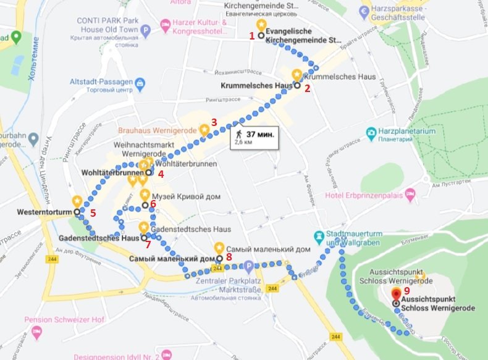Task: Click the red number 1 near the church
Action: [x=252, y=36]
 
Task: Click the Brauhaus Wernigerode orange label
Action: [x=157, y=132]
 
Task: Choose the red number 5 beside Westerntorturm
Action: [x=93, y=213]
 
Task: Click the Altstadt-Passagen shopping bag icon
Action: [x=141, y=82]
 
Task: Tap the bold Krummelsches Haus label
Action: [x=256, y=86]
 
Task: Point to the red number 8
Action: [x=229, y=256]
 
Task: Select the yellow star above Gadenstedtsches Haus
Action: [x=143, y=226]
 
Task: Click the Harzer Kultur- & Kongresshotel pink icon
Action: [x=165, y=25]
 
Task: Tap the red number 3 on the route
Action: [x=214, y=122]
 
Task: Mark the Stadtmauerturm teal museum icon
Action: [x=319, y=236]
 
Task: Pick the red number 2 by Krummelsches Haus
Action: [x=307, y=88]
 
